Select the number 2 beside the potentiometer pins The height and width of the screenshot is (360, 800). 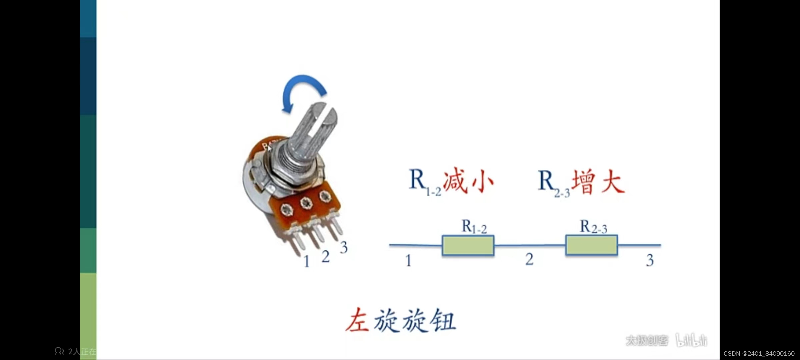[326, 256]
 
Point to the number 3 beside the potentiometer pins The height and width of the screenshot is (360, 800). [344, 247]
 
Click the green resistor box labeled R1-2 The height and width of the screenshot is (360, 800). [468, 246]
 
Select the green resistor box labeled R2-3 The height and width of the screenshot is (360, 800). [591, 245]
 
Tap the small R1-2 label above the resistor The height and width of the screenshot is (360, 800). [474, 227]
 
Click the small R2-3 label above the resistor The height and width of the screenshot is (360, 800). [593, 227]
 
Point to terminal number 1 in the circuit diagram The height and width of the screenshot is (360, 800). [408, 260]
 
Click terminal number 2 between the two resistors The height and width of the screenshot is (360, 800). [529, 259]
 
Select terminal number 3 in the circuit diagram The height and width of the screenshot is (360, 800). [650, 260]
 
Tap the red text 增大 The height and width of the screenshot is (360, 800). [598, 182]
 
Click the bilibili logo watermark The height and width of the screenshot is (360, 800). [691, 340]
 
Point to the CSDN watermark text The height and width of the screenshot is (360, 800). [759, 353]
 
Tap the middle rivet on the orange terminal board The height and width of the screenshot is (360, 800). [306, 203]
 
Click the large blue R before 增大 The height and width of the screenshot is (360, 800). [546, 180]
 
